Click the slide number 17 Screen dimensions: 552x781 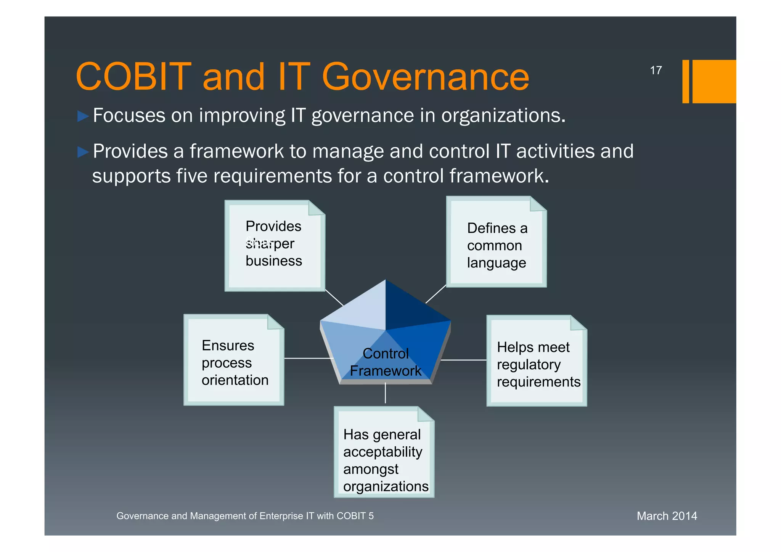656,71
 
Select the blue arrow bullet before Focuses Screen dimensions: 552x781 83,116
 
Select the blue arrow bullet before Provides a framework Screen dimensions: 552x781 83,152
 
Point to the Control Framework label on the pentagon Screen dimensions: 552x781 385,362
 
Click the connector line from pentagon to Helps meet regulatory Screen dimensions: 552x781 463,360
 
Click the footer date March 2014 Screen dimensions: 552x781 667,516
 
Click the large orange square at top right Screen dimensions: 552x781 714,81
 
